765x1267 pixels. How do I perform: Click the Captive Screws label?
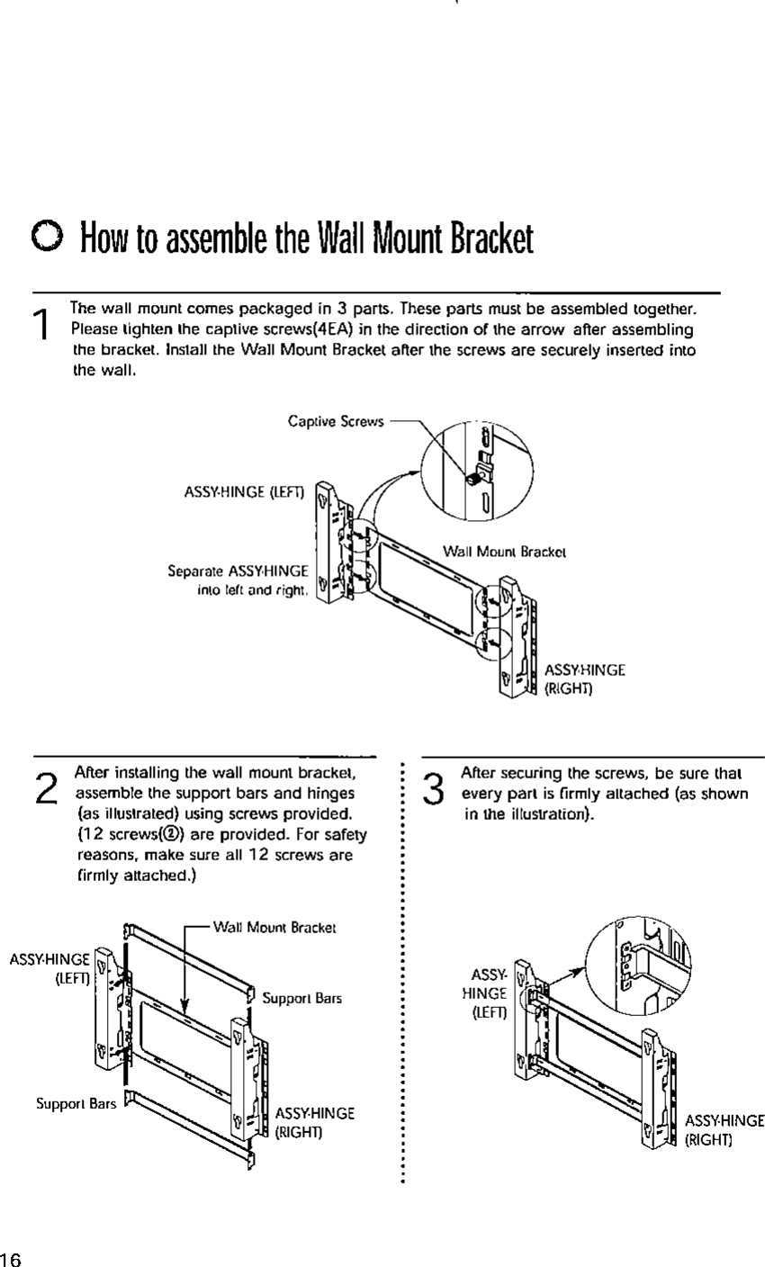click(336, 420)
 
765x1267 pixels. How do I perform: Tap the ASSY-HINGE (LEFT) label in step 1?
click(243, 491)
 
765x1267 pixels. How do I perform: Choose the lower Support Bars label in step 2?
click(75, 1102)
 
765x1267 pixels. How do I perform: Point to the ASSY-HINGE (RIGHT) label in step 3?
click(724, 1129)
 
